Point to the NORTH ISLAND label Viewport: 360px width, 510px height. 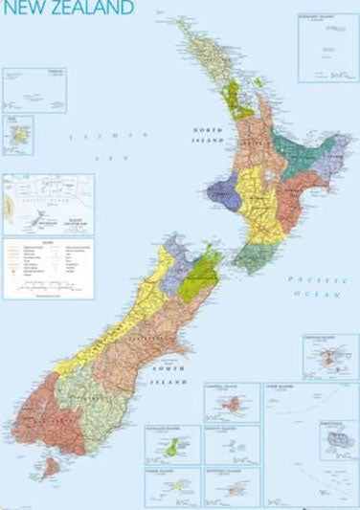click(x=208, y=134)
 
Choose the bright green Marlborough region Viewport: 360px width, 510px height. click(x=196, y=273)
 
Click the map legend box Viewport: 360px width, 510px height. click(x=48, y=268)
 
